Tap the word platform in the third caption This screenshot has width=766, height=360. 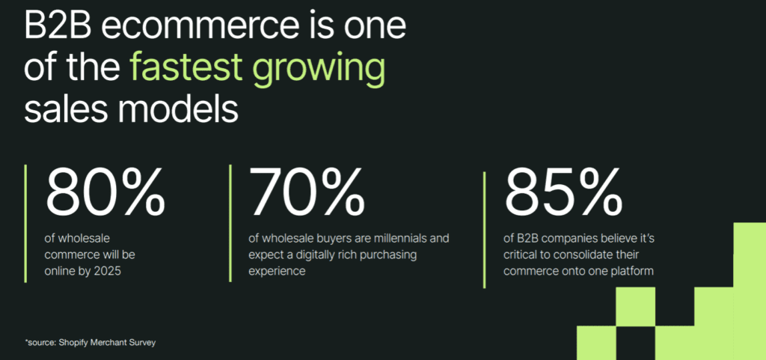(633, 271)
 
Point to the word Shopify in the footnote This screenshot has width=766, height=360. (73, 344)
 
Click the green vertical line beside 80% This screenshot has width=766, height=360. (25, 223)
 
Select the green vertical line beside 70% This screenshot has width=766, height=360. (230, 223)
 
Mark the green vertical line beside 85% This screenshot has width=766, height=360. (485, 230)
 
